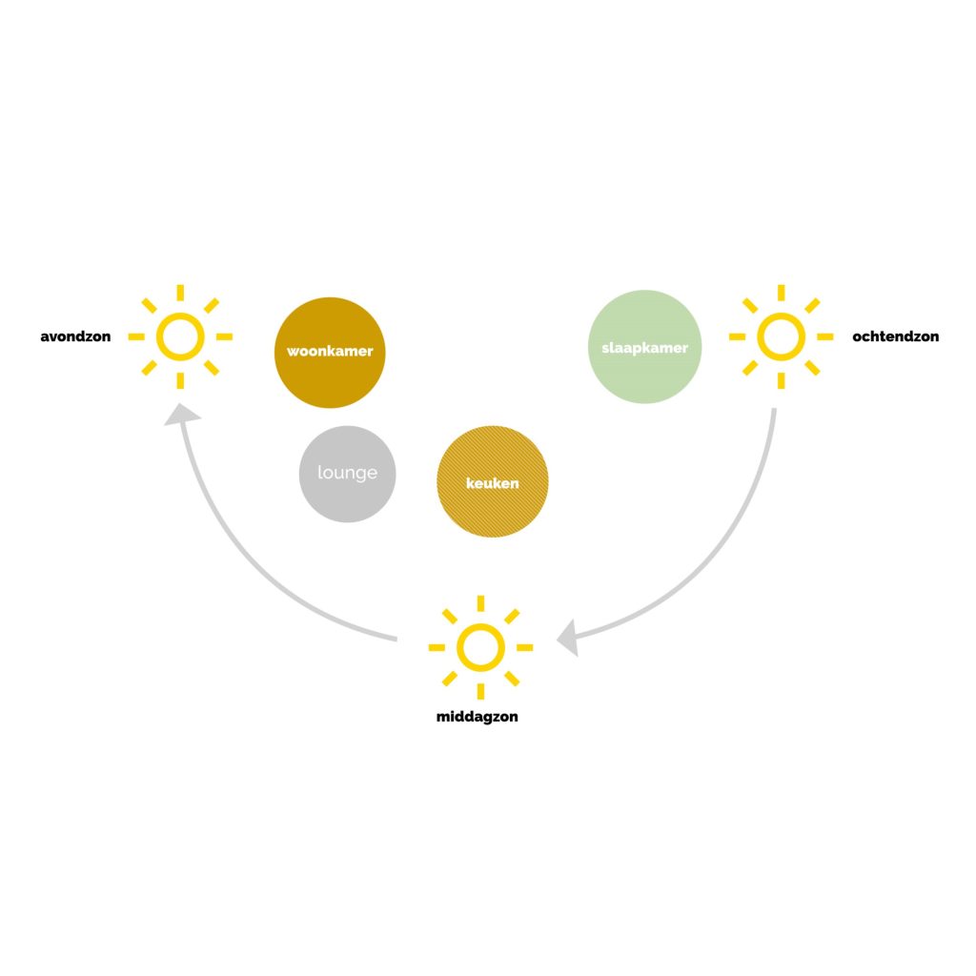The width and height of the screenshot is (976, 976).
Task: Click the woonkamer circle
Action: (x=330, y=353)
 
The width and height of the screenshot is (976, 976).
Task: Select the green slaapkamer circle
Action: (x=645, y=347)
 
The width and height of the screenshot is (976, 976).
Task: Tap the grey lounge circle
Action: (x=347, y=474)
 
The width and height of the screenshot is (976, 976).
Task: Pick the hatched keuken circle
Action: (x=493, y=481)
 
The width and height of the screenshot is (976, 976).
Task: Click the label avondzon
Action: (x=75, y=336)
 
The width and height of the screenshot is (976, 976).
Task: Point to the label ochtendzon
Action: (x=896, y=336)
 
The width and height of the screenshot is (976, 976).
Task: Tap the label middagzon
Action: (x=478, y=717)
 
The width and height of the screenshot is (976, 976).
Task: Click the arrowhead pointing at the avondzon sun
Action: (x=181, y=416)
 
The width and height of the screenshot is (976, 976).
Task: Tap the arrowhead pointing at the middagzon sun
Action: (x=568, y=638)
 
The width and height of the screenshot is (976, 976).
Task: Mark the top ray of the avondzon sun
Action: (x=180, y=293)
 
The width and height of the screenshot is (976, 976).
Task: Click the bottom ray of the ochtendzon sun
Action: (x=782, y=380)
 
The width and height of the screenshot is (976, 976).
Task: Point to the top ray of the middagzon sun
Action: (x=480, y=603)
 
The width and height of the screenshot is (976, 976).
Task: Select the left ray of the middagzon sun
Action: (x=437, y=647)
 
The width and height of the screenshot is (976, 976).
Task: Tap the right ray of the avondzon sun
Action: (x=225, y=336)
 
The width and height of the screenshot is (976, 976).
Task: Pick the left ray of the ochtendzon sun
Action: (x=737, y=336)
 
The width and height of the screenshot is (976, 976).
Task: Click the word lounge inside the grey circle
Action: (x=347, y=473)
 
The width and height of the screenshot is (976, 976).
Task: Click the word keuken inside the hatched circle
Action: (x=493, y=483)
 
